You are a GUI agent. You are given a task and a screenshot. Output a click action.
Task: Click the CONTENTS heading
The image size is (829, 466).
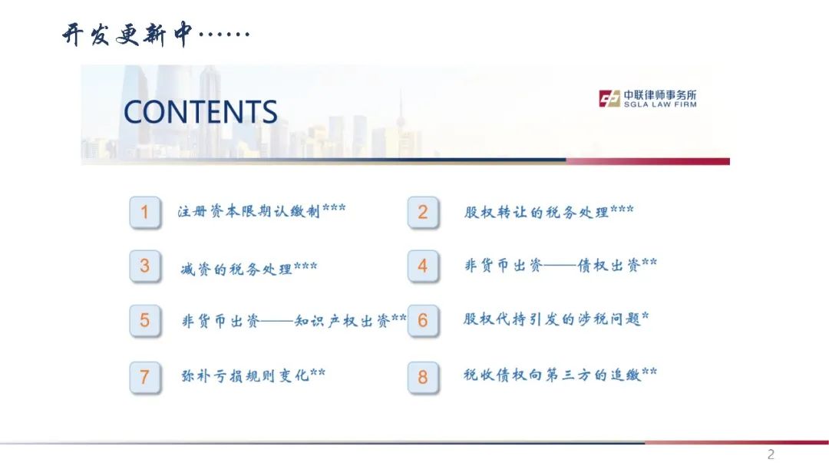pyautogui.click(x=200, y=111)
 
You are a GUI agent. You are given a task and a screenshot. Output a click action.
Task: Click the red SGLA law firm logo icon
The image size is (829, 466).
pyautogui.click(x=609, y=98)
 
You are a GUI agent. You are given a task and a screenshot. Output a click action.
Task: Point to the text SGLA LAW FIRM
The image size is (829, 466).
pyautogui.click(x=660, y=104)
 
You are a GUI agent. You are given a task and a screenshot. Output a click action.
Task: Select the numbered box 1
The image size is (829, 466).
pyautogui.click(x=145, y=212)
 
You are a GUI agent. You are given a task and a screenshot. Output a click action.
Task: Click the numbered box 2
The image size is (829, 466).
pyautogui.click(x=423, y=212)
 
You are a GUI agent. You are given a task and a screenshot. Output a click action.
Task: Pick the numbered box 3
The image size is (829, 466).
pyautogui.click(x=145, y=266)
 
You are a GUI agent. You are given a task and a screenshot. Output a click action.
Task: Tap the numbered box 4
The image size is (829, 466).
pyautogui.click(x=423, y=266)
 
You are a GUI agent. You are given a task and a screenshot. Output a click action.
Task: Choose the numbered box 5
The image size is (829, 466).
pyautogui.click(x=145, y=321)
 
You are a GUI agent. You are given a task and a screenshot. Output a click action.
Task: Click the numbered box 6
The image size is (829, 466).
pyautogui.click(x=423, y=321)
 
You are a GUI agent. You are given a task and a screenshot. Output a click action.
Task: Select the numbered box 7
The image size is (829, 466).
pyautogui.click(x=145, y=377)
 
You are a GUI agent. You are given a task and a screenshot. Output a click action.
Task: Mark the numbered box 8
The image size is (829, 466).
pyautogui.click(x=423, y=377)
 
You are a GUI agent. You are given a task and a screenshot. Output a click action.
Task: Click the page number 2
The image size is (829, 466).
pyautogui.click(x=771, y=454)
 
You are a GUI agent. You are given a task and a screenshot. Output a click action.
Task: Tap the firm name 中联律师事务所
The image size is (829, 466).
pyautogui.click(x=660, y=95)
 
